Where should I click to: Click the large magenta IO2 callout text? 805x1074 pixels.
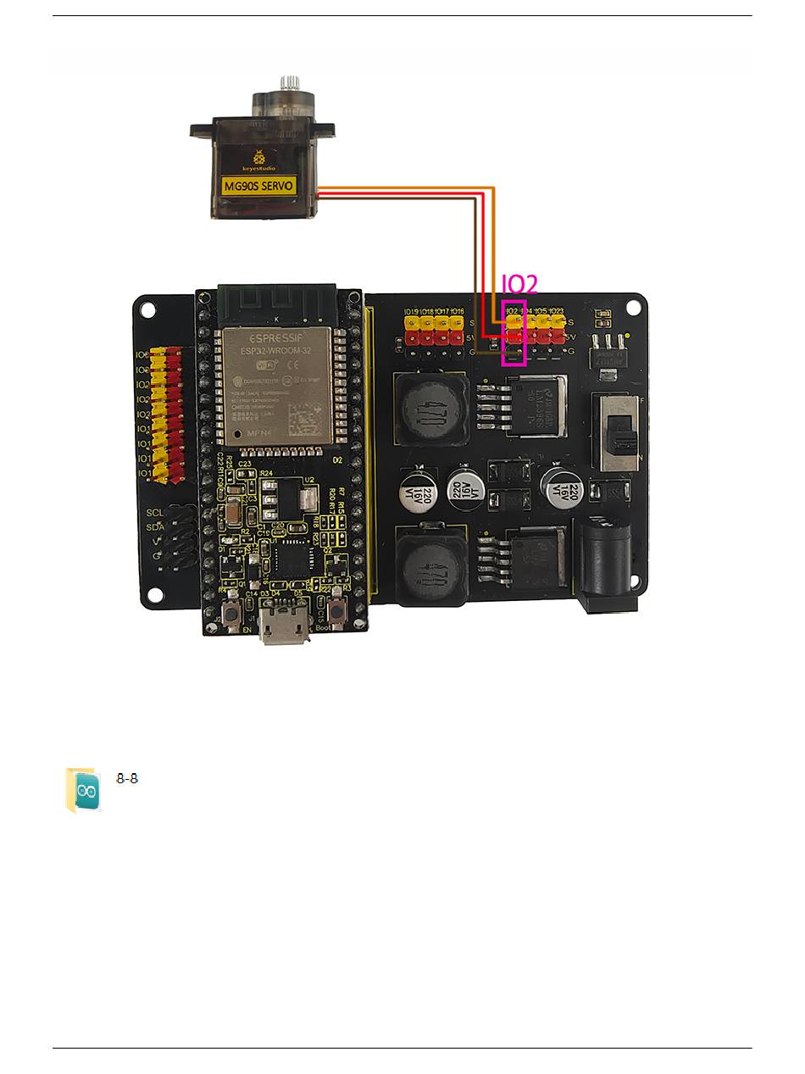click(x=519, y=284)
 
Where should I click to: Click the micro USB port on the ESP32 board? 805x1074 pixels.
click(x=280, y=627)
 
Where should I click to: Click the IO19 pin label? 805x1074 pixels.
click(x=411, y=312)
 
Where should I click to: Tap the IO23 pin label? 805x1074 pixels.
click(x=557, y=312)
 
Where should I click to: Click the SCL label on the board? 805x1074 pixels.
click(x=155, y=513)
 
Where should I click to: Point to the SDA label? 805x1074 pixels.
click(x=155, y=527)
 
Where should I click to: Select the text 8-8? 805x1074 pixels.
click(x=127, y=778)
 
